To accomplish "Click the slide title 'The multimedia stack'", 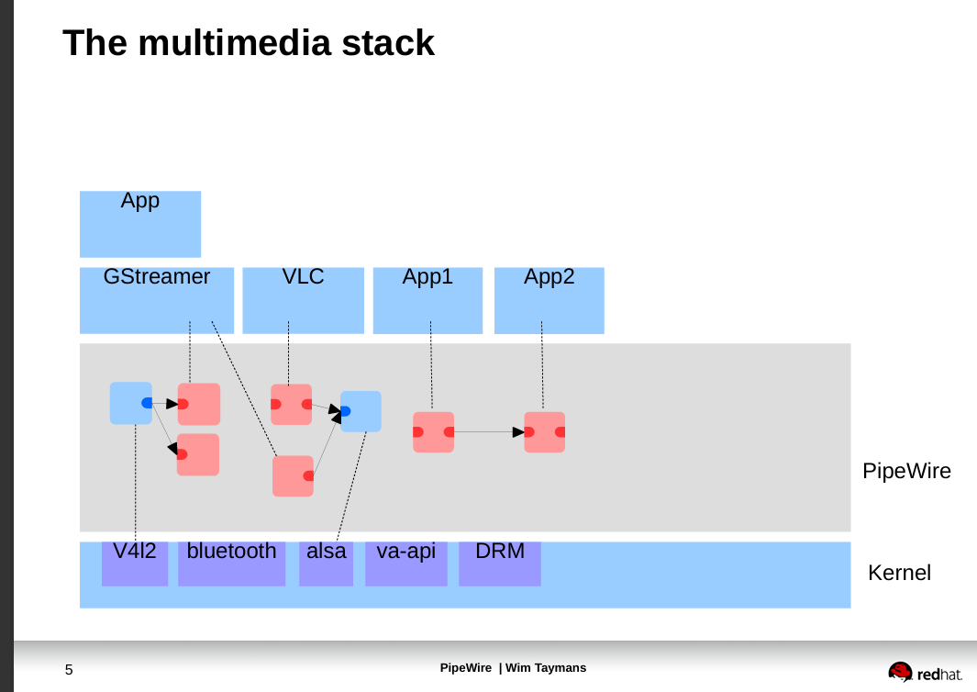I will [248, 43].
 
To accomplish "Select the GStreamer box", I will [157, 300].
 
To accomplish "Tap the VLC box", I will [303, 300].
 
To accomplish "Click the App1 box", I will [427, 300].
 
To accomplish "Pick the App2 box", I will [549, 300].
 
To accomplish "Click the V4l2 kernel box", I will [135, 564].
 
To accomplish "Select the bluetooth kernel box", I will [231, 564].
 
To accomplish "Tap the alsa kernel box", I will [326, 564].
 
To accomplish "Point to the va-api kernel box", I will [405, 564].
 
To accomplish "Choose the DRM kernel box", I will [499, 564].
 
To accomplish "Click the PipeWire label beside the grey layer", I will [906, 472].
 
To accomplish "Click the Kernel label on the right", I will [899, 573].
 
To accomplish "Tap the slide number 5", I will [69, 670].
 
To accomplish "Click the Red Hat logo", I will [925, 672].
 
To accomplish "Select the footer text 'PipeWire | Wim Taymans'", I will [513, 668].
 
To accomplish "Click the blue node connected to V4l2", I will [130, 403].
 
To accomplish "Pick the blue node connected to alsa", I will [361, 411].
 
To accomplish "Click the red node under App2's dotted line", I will [544, 432].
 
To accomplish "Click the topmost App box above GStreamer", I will [140, 224].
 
